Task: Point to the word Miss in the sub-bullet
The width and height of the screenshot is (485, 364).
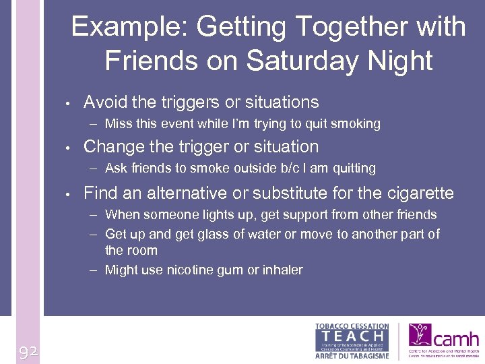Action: tap(119, 123)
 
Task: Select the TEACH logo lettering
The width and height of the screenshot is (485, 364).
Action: tap(352, 335)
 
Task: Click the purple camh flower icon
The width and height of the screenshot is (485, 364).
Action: tap(421, 336)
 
